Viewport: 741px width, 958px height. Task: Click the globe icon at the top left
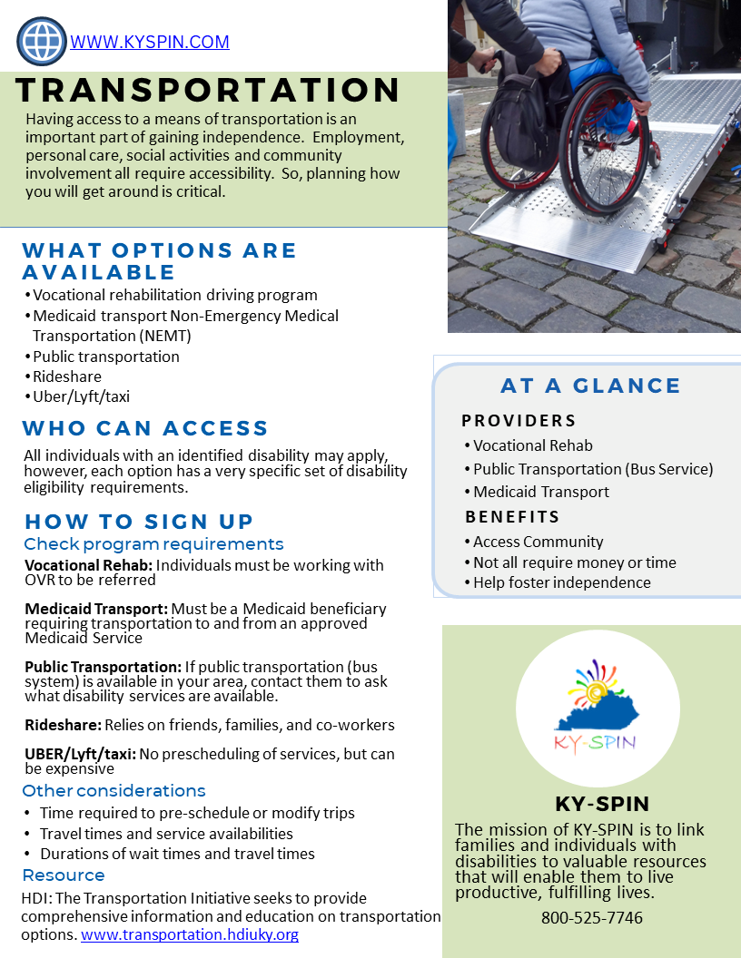(42, 42)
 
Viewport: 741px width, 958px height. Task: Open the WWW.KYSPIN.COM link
(150, 42)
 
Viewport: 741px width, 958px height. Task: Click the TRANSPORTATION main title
(208, 90)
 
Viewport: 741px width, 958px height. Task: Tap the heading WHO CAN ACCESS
(145, 428)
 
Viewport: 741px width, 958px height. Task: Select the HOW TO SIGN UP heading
(139, 522)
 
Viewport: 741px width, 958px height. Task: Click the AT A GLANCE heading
(590, 386)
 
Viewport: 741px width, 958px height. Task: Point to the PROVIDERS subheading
(519, 421)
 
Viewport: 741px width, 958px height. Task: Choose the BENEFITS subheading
(512, 517)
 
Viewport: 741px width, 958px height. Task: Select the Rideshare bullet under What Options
(67, 376)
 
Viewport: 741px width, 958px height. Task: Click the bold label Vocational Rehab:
(88, 565)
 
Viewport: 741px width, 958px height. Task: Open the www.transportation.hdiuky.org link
(190, 934)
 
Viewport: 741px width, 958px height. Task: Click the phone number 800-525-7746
(592, 917)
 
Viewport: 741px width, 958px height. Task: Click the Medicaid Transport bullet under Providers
(541, 492)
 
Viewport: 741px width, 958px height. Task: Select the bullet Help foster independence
(561, 582)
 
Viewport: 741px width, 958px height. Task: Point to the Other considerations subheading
(114, 791)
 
